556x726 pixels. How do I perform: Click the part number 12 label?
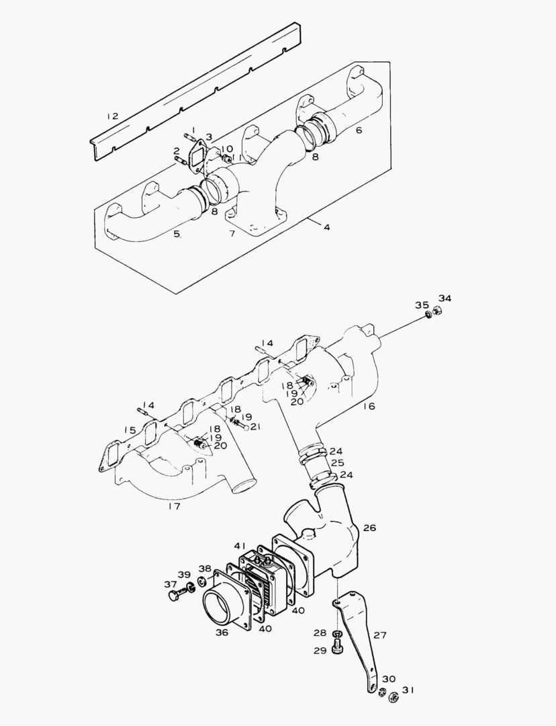coord(112,116)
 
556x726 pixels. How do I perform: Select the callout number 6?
coord(359,130)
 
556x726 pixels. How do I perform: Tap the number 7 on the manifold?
coord(232,233)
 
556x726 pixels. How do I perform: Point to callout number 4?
coord(326,227)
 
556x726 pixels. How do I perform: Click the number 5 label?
coord(177,234)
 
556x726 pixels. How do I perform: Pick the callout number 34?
coord(445,298)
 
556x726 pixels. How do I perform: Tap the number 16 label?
coord(369,406)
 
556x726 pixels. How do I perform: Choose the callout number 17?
coord(174,506)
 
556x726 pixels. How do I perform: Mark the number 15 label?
coord(130,430)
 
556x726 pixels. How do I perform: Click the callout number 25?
coord(336,463)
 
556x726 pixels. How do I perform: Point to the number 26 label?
coord(369,528)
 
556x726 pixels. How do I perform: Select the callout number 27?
coord(380,635)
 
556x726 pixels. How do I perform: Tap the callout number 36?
coord(222,632)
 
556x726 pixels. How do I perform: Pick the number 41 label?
coord(240,546)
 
